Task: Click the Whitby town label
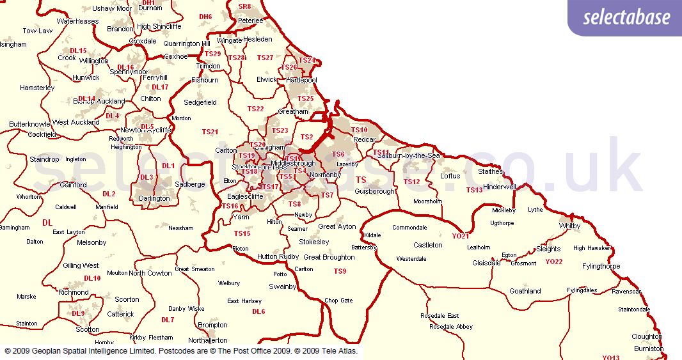[x=569, y=226]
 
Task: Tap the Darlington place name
[x=155, y=198]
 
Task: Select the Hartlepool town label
[x=301, y=80]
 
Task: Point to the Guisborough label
[x=375, y=191]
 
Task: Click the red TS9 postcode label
[x=340, y=271]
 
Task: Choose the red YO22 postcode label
[x=553, y=262]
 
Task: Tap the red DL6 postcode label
[x=258, y=311]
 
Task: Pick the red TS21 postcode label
[x=210, y=132]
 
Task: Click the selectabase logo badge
[x=626, y=17]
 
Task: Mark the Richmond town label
[x=74, y=292]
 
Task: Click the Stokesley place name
[x=314, y=242]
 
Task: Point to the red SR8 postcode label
[x=244, y=6]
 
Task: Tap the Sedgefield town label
[x=200, y=102]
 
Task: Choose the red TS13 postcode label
[x=474, y=190]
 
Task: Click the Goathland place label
[x=525, y=291]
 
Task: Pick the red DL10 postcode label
[x=92, y=278]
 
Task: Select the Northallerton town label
[x=208, y=340]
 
